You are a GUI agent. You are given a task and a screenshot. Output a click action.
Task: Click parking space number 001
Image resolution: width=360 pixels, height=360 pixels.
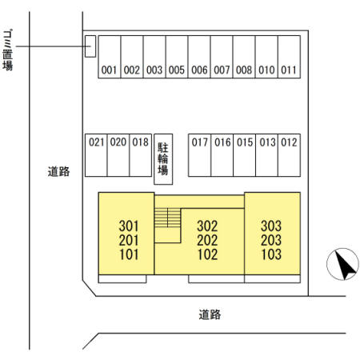pyautogui.click(x=110, y=57)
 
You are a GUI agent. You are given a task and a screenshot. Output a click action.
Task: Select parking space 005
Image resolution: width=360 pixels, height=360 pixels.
pyautogui.click(x=177, y=57)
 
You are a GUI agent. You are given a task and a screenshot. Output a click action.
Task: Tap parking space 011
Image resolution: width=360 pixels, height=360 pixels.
pyautogui.click(x=290, y=57)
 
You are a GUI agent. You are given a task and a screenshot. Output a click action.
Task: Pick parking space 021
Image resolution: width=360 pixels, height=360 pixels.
pyautogui.click(x=96, y=155)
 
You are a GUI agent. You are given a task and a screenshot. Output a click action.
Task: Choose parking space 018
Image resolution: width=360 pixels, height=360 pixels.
pyautogui.click(x=141, y=155)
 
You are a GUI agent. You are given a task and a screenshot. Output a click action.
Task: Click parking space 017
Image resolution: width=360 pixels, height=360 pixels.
pyautogui.click(x=200, y=155)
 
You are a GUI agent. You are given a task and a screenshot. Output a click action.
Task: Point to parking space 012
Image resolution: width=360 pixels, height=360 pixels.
pyautogui.click(x=290, y=155)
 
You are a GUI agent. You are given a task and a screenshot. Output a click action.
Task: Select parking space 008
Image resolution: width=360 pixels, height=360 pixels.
pyautogui.click(x=244, y=57)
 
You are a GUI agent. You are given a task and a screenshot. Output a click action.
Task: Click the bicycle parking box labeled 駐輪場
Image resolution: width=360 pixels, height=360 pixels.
pyautogui.click(x=163, y=159)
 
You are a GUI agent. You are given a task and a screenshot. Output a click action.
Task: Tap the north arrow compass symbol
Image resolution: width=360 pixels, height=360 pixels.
pyautogui.click(x=343, y=264)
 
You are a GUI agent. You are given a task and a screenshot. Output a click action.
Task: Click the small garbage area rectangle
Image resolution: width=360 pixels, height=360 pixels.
pyautogui.click(x=90, y=46)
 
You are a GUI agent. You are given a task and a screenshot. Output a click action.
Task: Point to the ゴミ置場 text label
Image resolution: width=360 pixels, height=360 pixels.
pyautogui.click(x=8, y=50)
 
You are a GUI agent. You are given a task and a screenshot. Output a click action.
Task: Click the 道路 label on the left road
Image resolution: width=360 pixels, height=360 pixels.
pyautogui.click(x=58, y=171)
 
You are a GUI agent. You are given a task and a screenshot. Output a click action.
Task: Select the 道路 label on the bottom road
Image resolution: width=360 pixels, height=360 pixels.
pyautogui.click(x=210, y=314)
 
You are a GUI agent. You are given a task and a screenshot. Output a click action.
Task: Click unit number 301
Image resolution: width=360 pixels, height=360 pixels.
pyautogui.click(x=129, y=226)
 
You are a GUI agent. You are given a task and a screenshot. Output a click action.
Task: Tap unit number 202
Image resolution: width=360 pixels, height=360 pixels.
pyautogui.click(x=207, y=240)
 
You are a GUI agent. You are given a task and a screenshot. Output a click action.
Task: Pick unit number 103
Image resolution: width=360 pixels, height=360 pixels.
pyautogui.click(x=271, y=254)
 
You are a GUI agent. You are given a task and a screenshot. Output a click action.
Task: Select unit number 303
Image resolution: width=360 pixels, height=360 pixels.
pyautogui.click(x=271, y=226)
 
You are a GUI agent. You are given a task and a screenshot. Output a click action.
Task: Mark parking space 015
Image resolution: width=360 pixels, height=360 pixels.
pyautogui.click(x=245, y=155)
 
